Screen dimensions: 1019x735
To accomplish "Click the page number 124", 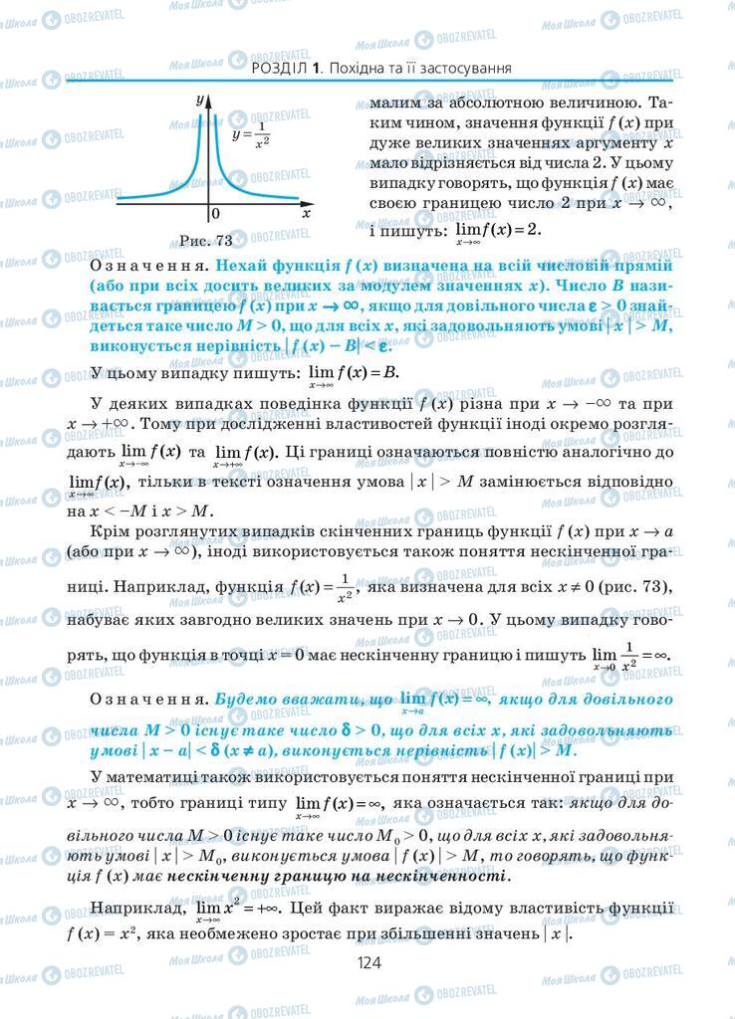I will (x=368, y=962).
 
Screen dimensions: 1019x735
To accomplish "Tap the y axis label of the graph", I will (x=200, y=100).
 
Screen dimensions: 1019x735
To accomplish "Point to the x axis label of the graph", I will (x=306, y=212).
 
